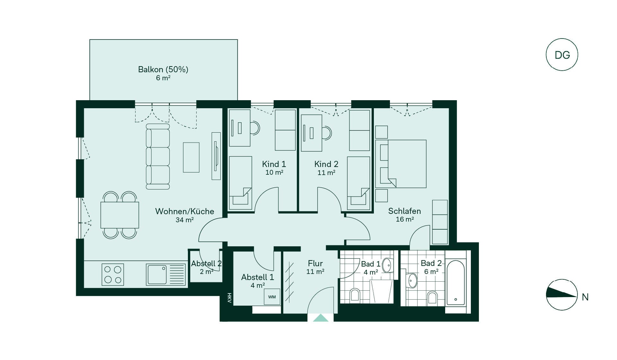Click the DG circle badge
click(562, 55)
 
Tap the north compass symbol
click(562, 294)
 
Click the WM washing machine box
click(272, 296)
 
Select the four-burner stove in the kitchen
click(113, 274)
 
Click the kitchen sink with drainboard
click(166, 275)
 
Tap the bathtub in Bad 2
click(455, 283)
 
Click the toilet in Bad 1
click(355, 295)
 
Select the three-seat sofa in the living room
click(158, 157)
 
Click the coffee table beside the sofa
click(191, 157)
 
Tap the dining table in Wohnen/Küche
click(120, 215)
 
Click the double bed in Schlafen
click(401, 164)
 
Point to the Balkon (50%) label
click(163, 69)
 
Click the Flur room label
click(315, 263)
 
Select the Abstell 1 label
click(258, 277)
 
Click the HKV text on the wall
click(229, 298)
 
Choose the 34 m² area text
click(185, 220)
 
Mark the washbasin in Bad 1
click(388, 266)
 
